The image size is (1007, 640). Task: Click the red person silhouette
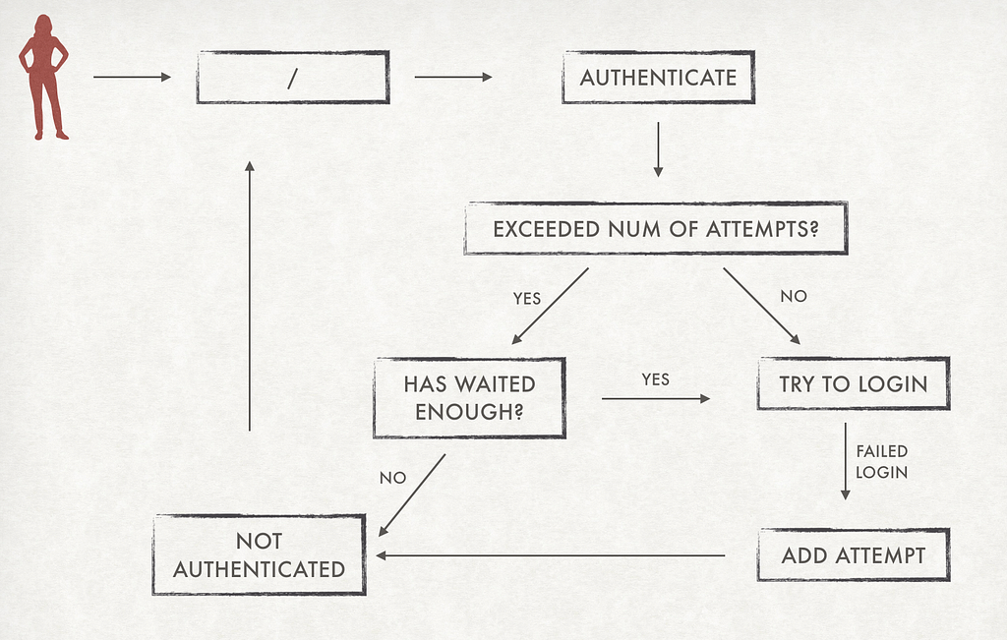43,77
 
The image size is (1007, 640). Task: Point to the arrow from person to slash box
133,77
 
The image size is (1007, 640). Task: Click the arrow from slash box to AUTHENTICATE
453,77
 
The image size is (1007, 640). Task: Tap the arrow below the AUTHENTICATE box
658,149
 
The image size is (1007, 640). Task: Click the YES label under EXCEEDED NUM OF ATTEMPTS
527,299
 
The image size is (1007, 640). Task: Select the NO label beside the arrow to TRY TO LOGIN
794,296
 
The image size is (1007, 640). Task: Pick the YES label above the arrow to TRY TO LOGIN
655,379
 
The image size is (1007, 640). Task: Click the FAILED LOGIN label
882,461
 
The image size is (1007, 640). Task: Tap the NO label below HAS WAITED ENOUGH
392,478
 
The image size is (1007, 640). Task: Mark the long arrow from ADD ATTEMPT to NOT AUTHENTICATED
551,555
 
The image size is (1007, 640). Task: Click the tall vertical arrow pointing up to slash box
250,296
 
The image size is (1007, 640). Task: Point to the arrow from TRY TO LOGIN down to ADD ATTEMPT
845,461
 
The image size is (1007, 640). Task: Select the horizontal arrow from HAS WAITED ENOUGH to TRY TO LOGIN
656,398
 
